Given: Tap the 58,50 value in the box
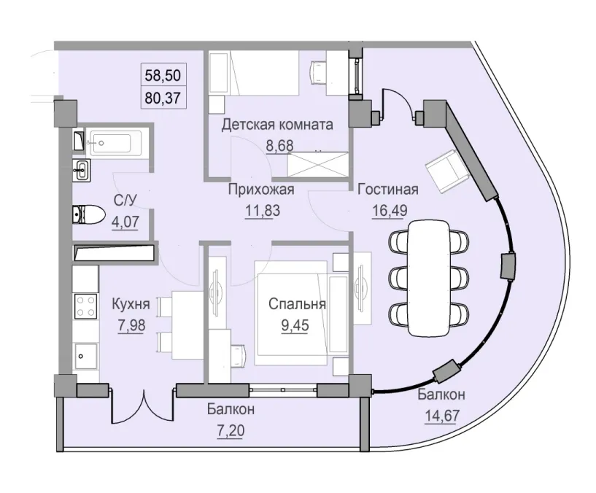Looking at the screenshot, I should [x=163, y=75].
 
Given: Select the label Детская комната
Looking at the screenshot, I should [x=277, y=125].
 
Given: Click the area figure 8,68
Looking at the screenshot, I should [x=279, y=144].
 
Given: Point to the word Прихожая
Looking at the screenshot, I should [x=260, y=190].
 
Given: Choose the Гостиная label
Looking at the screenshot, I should [x=387, y=190].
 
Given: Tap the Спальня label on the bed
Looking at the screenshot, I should [x=296, y=305].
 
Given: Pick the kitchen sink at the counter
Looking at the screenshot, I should [x=86, y=357].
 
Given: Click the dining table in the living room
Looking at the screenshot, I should [x=429, y=277].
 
